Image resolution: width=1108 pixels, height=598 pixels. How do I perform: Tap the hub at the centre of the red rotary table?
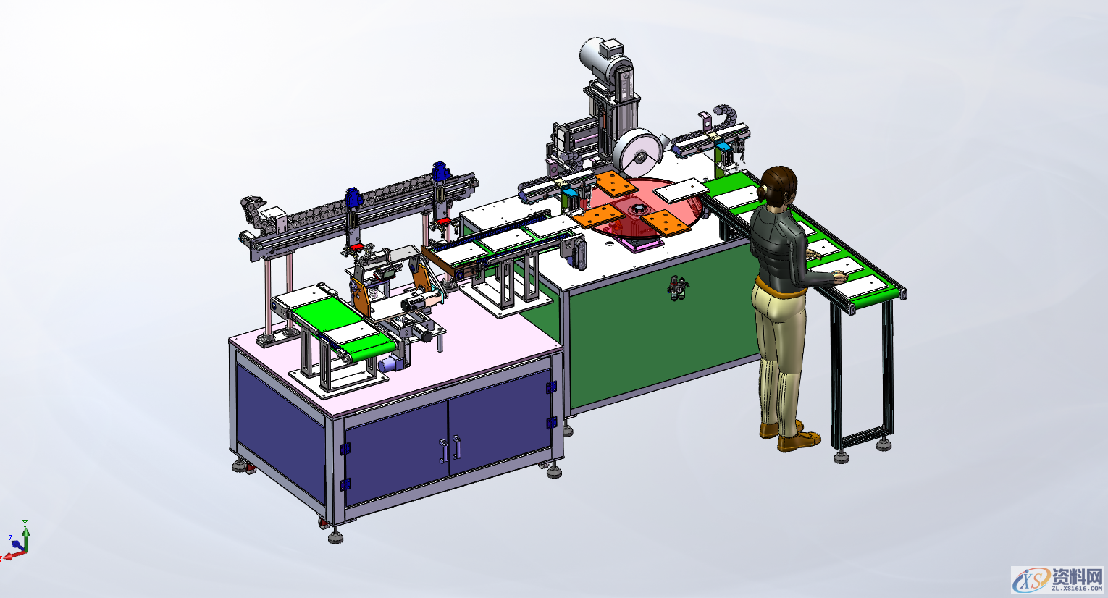point(639,210)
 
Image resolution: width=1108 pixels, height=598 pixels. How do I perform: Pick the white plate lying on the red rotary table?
point(680,190)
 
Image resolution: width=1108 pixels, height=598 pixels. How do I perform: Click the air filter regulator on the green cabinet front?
point(678,289)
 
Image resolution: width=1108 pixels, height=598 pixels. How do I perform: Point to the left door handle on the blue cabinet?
point(442,451)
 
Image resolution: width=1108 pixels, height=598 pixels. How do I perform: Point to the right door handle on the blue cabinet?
point(457,447)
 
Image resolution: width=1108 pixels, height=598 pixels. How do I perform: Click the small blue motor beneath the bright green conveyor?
point(392,364)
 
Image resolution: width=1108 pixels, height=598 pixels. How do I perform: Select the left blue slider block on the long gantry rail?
point(353,198)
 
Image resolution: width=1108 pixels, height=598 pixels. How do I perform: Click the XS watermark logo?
point(1031,579)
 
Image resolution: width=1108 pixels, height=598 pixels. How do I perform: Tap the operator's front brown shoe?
point(799,440)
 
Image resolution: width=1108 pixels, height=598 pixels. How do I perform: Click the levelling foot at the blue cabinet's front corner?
point(335,536)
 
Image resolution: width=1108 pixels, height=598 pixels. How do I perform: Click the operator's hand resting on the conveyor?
point(839,276)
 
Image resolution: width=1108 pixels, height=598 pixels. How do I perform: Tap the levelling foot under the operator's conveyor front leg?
point(841,456)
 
